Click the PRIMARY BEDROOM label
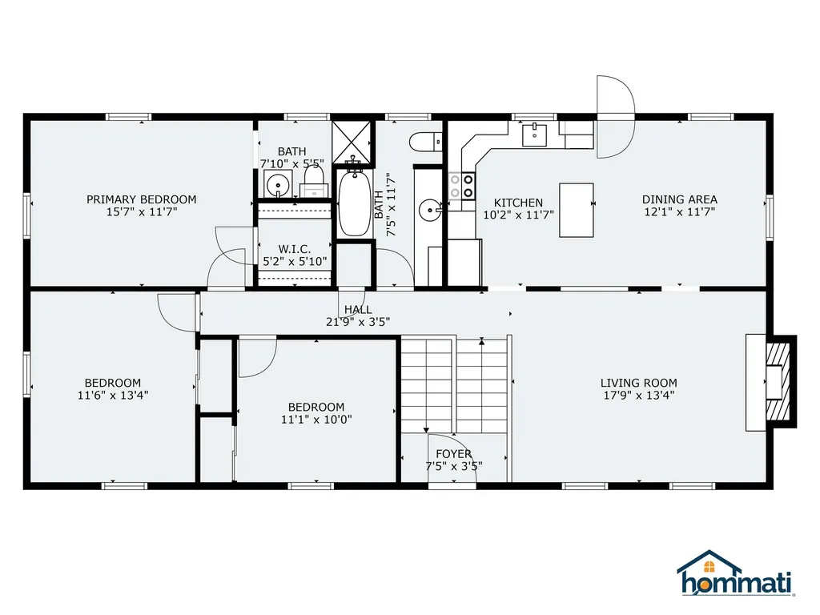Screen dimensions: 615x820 [x=141, y=199]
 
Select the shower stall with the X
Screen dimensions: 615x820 [x=353, y=141]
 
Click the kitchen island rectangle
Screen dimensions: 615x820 [x=577, y=211]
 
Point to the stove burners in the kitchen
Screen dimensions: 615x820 [x=462, y=187]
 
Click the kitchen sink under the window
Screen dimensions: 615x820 [x=534, y=135]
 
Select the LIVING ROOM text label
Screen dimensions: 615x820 [x=640, y=383]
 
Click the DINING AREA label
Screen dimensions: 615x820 [x=680, y=199]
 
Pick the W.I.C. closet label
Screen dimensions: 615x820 [x=294, y=248]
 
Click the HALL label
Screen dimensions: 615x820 [x=358, y=309]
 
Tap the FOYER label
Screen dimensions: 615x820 [x=454, y=454]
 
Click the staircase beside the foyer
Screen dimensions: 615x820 [x=455, y=384]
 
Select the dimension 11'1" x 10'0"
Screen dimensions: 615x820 [x=316, y=419]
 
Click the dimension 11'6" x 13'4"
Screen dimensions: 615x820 [x=113, y=395]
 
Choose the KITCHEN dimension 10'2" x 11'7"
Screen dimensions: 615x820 [x=518, y=215]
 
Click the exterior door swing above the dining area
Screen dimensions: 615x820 [x=615, y=116]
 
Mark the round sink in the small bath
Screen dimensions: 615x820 [x=278, y=184]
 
